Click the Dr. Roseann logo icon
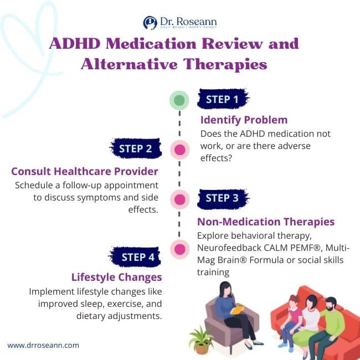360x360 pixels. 150,22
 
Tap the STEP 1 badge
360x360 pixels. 222,100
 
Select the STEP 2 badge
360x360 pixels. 135,148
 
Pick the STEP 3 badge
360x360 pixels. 222,198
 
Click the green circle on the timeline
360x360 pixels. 179,100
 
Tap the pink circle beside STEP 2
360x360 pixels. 179,149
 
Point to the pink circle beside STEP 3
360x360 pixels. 179,198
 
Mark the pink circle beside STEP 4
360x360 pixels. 179,249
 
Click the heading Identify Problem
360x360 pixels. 244,120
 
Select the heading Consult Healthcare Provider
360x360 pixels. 85,171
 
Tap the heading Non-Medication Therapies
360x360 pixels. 266,222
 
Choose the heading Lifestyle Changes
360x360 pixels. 116,277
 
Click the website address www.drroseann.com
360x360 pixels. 43,345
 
